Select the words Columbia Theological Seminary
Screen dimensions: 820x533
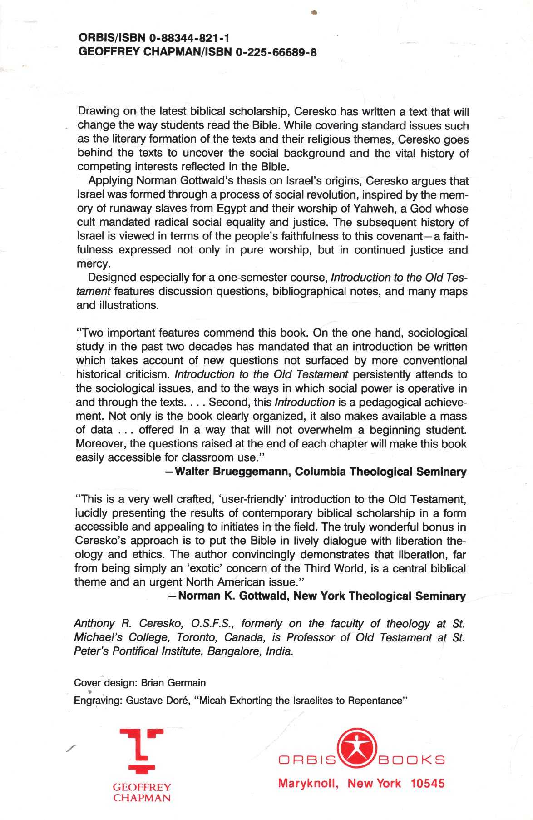[380, 472]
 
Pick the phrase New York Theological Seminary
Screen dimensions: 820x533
[380, 596]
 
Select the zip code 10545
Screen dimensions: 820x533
[427, 783]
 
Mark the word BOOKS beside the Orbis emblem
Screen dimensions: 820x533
[411, 760]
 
